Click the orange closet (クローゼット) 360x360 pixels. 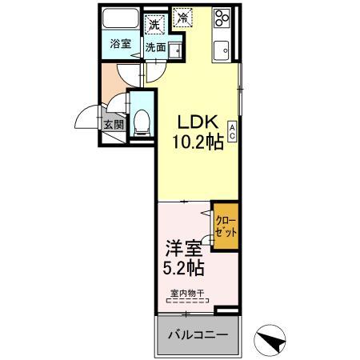(x=226, y=225)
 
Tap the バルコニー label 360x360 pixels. (x=197, y=335)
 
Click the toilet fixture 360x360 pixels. (x=142, y=121)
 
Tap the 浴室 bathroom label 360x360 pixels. (x=120, y=44)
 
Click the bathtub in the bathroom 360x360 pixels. (x=120, y=23)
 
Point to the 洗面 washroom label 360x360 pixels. (x=155, y=47)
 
